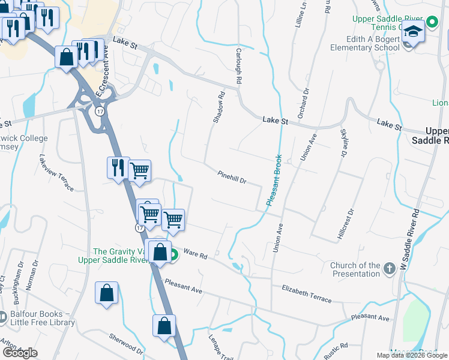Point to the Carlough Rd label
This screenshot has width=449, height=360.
pos(238,66)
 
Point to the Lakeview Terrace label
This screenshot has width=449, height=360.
pos(56,173)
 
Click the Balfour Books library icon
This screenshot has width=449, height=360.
pos(2,316)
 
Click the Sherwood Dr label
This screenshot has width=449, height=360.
pos(126,344)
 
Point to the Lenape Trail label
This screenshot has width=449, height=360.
pos(218,344)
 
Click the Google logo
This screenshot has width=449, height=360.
pos(20,353)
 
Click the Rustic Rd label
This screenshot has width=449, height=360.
pos(336,350)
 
